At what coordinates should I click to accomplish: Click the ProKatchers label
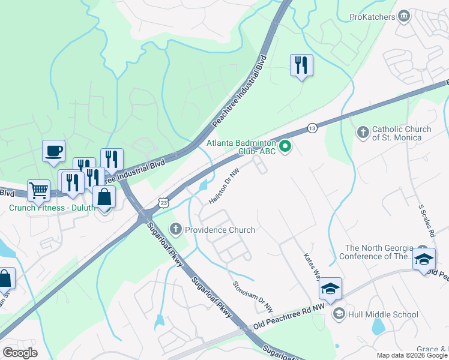tap(372, 17)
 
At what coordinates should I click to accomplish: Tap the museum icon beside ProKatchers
tap(405, 15)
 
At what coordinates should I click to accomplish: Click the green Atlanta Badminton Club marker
tap(286, 145)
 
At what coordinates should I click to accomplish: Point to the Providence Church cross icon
tap(175, 229)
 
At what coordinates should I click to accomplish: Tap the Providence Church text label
tap(220, 230)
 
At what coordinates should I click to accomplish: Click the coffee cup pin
tap(53, 150)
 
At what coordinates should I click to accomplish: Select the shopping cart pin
tap(39, 191)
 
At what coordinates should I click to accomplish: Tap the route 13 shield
tap(312, 128)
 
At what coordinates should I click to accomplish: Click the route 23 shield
tap(163, 203)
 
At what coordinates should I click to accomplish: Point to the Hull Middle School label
tap(384, 314)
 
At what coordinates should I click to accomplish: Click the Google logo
tap(20, 353)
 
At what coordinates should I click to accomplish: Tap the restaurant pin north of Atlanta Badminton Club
tap(301, 65)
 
